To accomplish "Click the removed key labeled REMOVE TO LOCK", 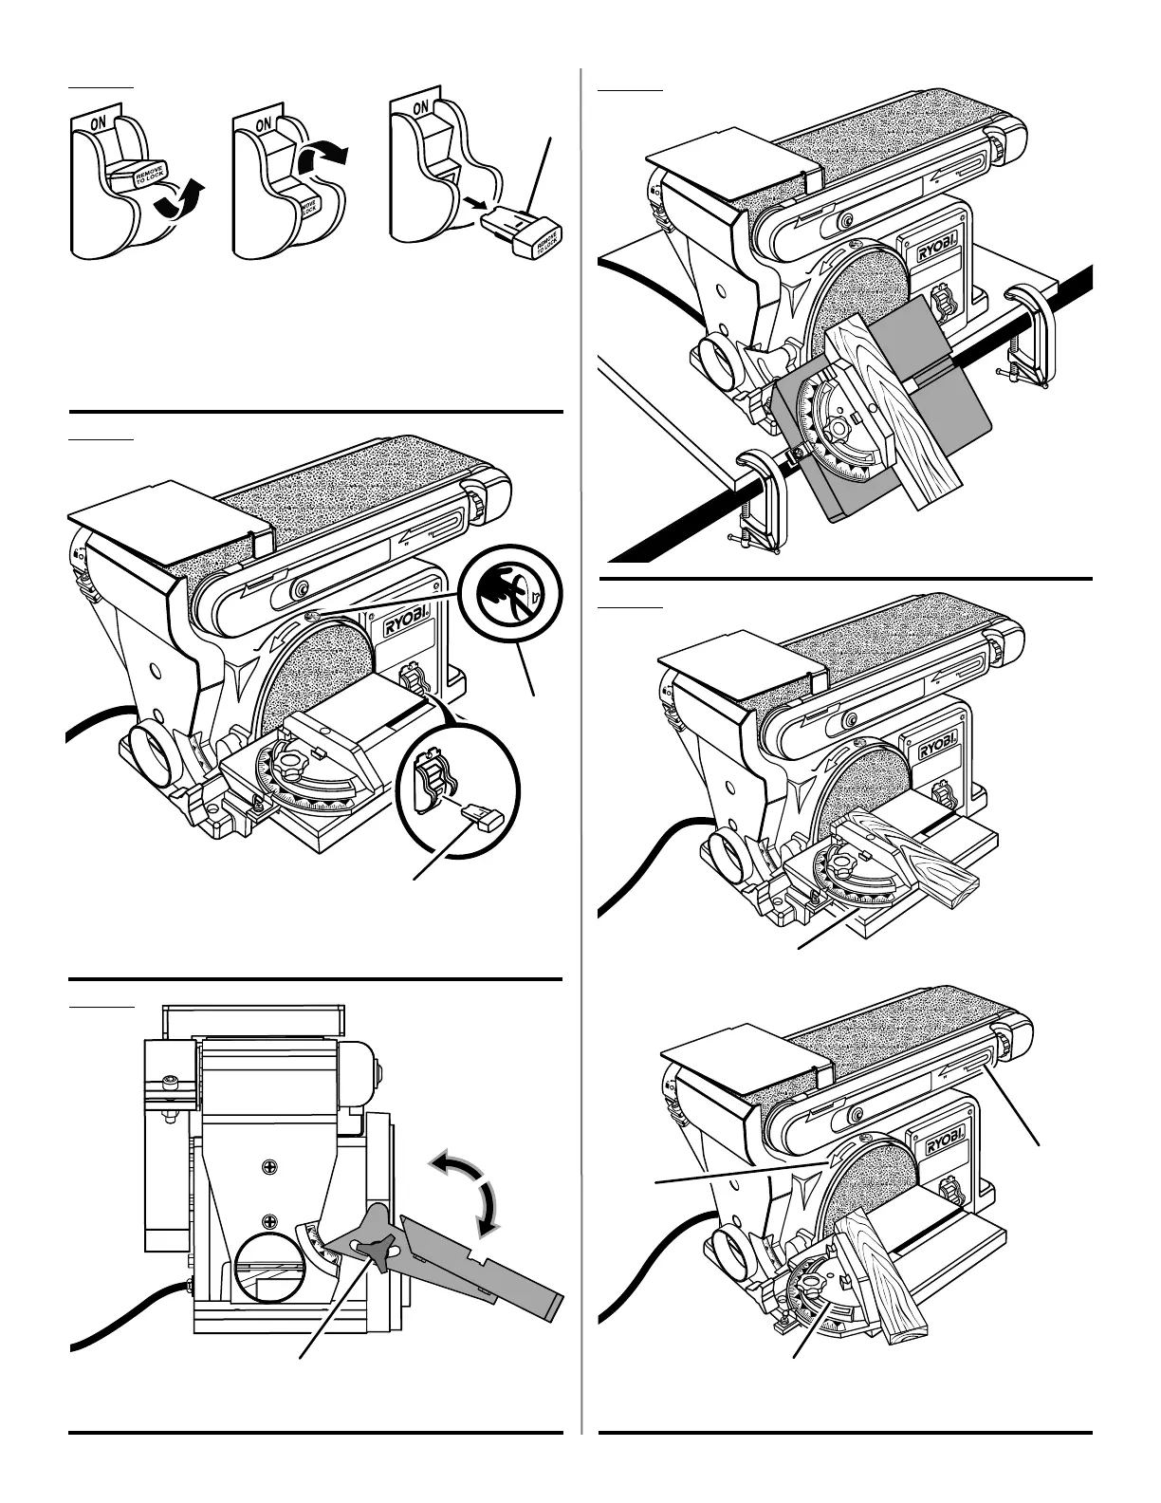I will (522, 232).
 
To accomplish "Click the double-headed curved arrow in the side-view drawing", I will (469, 1188).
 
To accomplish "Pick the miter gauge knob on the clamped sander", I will (838, 428).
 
